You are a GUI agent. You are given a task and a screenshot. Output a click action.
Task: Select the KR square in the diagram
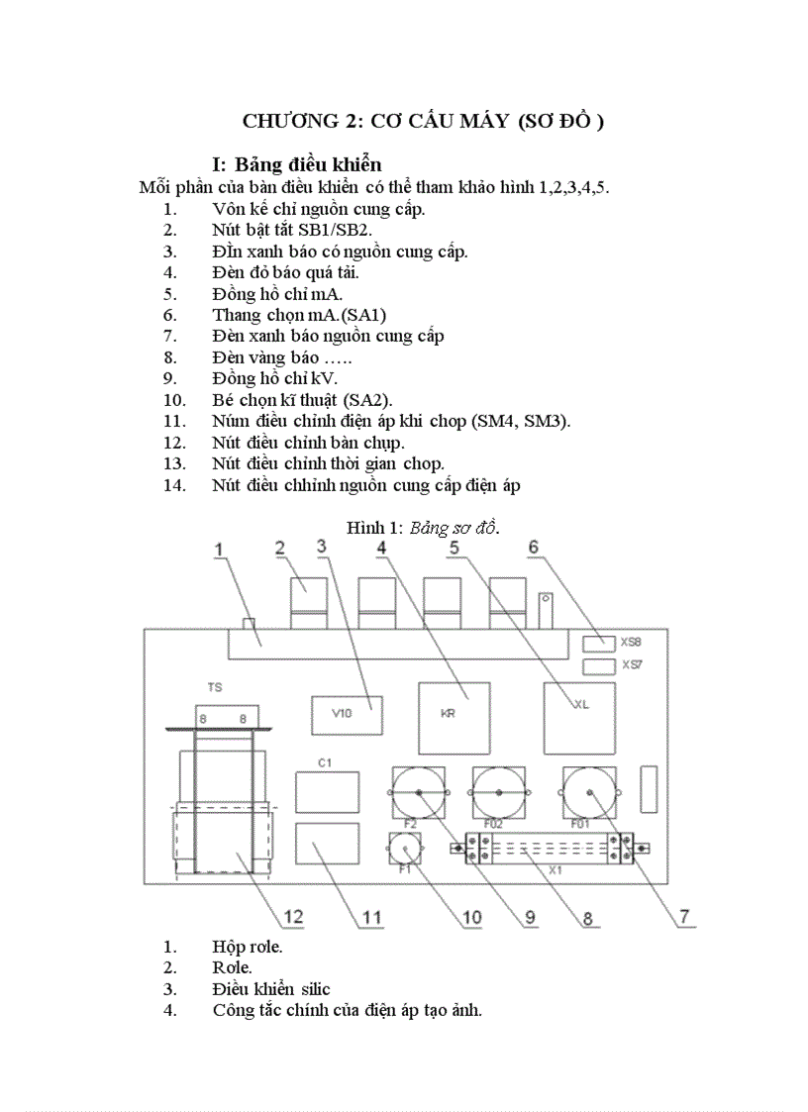(454, 715)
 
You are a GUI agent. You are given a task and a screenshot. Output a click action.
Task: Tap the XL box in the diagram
(579, 705)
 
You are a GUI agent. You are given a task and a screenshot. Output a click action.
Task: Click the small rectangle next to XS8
(597, 642)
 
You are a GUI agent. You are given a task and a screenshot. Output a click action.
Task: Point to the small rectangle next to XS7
(597, 667)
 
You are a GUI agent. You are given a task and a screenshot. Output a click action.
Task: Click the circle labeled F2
(420, 793)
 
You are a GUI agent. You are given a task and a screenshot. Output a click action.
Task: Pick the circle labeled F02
(499, 793)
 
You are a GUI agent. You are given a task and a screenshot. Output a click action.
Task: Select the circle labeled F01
(590, 793)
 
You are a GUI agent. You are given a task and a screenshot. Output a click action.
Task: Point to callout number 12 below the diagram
(293, 916)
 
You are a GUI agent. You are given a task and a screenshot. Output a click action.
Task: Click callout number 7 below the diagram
(684, 916)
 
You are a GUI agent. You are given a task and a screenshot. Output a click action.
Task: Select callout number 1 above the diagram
(220, 550)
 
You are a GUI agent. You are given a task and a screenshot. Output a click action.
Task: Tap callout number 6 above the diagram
(533, 547)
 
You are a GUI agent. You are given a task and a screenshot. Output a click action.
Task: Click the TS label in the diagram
(215, 686)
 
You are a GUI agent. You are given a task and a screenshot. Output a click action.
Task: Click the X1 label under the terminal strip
(555, 870)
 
